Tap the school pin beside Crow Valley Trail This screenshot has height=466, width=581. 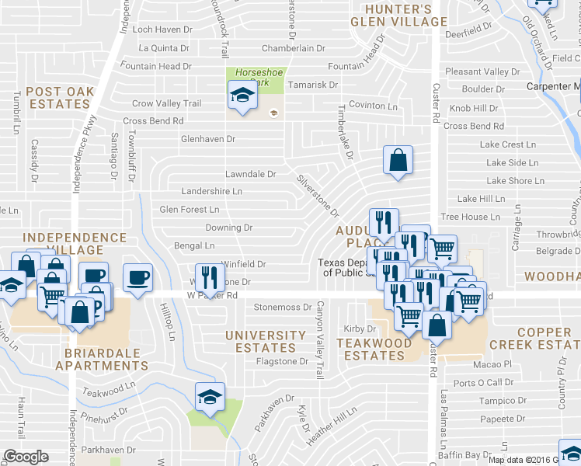coord(242,97)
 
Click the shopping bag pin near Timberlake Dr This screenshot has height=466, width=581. coord(398,162)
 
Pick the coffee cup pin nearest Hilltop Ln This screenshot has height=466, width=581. coord(137,278)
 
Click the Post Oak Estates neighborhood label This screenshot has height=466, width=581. coord(60,98)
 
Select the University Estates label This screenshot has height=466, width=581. coord(266,342)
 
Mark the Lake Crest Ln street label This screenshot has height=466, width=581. coord(508,144)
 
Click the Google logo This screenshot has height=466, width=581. coord(26,457)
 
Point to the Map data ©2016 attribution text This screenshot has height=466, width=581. coord(520,460)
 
